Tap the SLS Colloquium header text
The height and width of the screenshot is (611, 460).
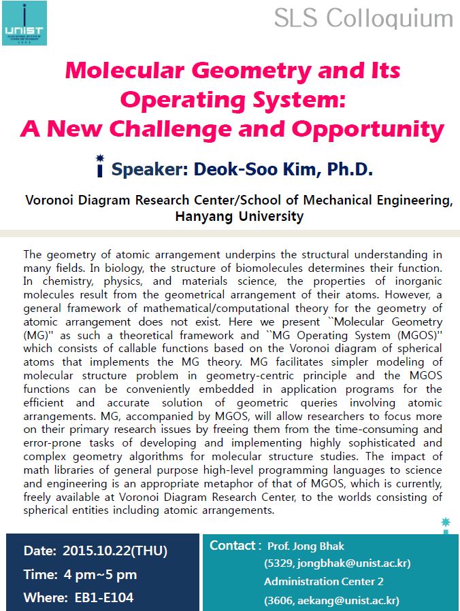point(363,18)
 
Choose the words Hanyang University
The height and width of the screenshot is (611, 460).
point(239,217)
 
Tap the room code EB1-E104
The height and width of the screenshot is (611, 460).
point(104,598)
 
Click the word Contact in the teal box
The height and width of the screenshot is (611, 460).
point(233,545)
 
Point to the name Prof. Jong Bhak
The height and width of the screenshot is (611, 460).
point(306,546)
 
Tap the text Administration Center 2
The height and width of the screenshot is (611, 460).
point(324,581)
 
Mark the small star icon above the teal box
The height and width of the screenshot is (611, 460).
point(446,522)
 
